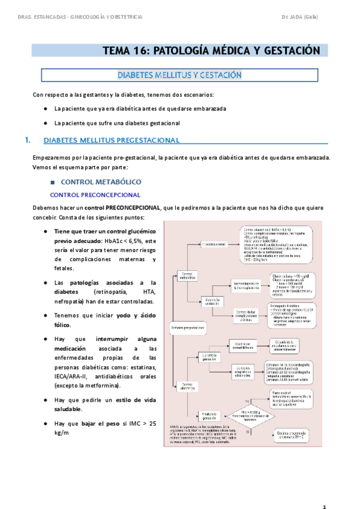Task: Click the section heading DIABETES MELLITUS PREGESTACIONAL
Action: coord(112,140)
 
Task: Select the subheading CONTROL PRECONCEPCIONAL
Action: coord(95,194)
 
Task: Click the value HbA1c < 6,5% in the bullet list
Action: coord(126,241)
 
